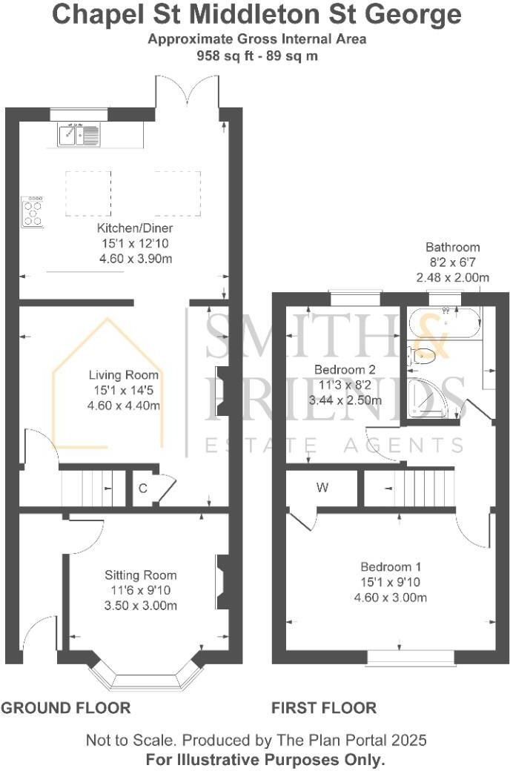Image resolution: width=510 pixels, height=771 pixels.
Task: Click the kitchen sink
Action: [79, 135]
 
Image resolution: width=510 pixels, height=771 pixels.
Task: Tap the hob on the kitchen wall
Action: [33, 210]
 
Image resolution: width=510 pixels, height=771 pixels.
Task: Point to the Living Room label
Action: [124, 375]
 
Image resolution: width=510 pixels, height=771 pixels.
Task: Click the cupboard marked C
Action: [142, 489]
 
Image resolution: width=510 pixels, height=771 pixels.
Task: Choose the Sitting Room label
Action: [140, 575]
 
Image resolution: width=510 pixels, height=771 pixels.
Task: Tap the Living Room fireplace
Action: [222, 390]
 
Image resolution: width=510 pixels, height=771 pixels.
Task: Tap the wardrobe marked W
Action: [322, 488]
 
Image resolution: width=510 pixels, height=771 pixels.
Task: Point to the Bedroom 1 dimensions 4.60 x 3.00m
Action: [389, 598]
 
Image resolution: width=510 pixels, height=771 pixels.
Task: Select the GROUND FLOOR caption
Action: [66, 708]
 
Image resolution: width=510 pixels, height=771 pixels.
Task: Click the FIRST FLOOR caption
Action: [323, 708]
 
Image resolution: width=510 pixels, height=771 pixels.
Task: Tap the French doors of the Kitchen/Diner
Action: [187, 95]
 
